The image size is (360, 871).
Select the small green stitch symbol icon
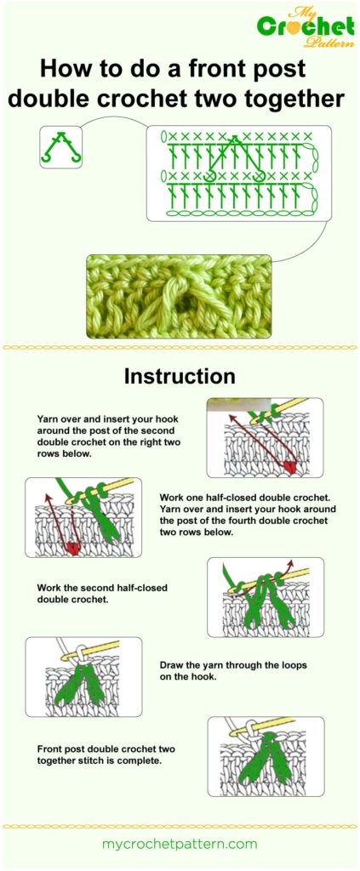click(x=60, y=146)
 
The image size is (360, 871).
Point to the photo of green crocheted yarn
click(x=179, y=295)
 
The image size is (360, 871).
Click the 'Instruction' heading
click(x=180, y=375)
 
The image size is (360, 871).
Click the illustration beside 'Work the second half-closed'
click(x=265, y=596)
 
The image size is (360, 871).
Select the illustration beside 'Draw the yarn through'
click(x=83, y=676)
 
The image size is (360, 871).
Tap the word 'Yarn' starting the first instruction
click(x=49, y=419)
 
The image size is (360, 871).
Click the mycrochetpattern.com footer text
click(x=180, y=844)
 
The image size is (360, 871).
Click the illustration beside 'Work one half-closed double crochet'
click(x=83, y=517)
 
